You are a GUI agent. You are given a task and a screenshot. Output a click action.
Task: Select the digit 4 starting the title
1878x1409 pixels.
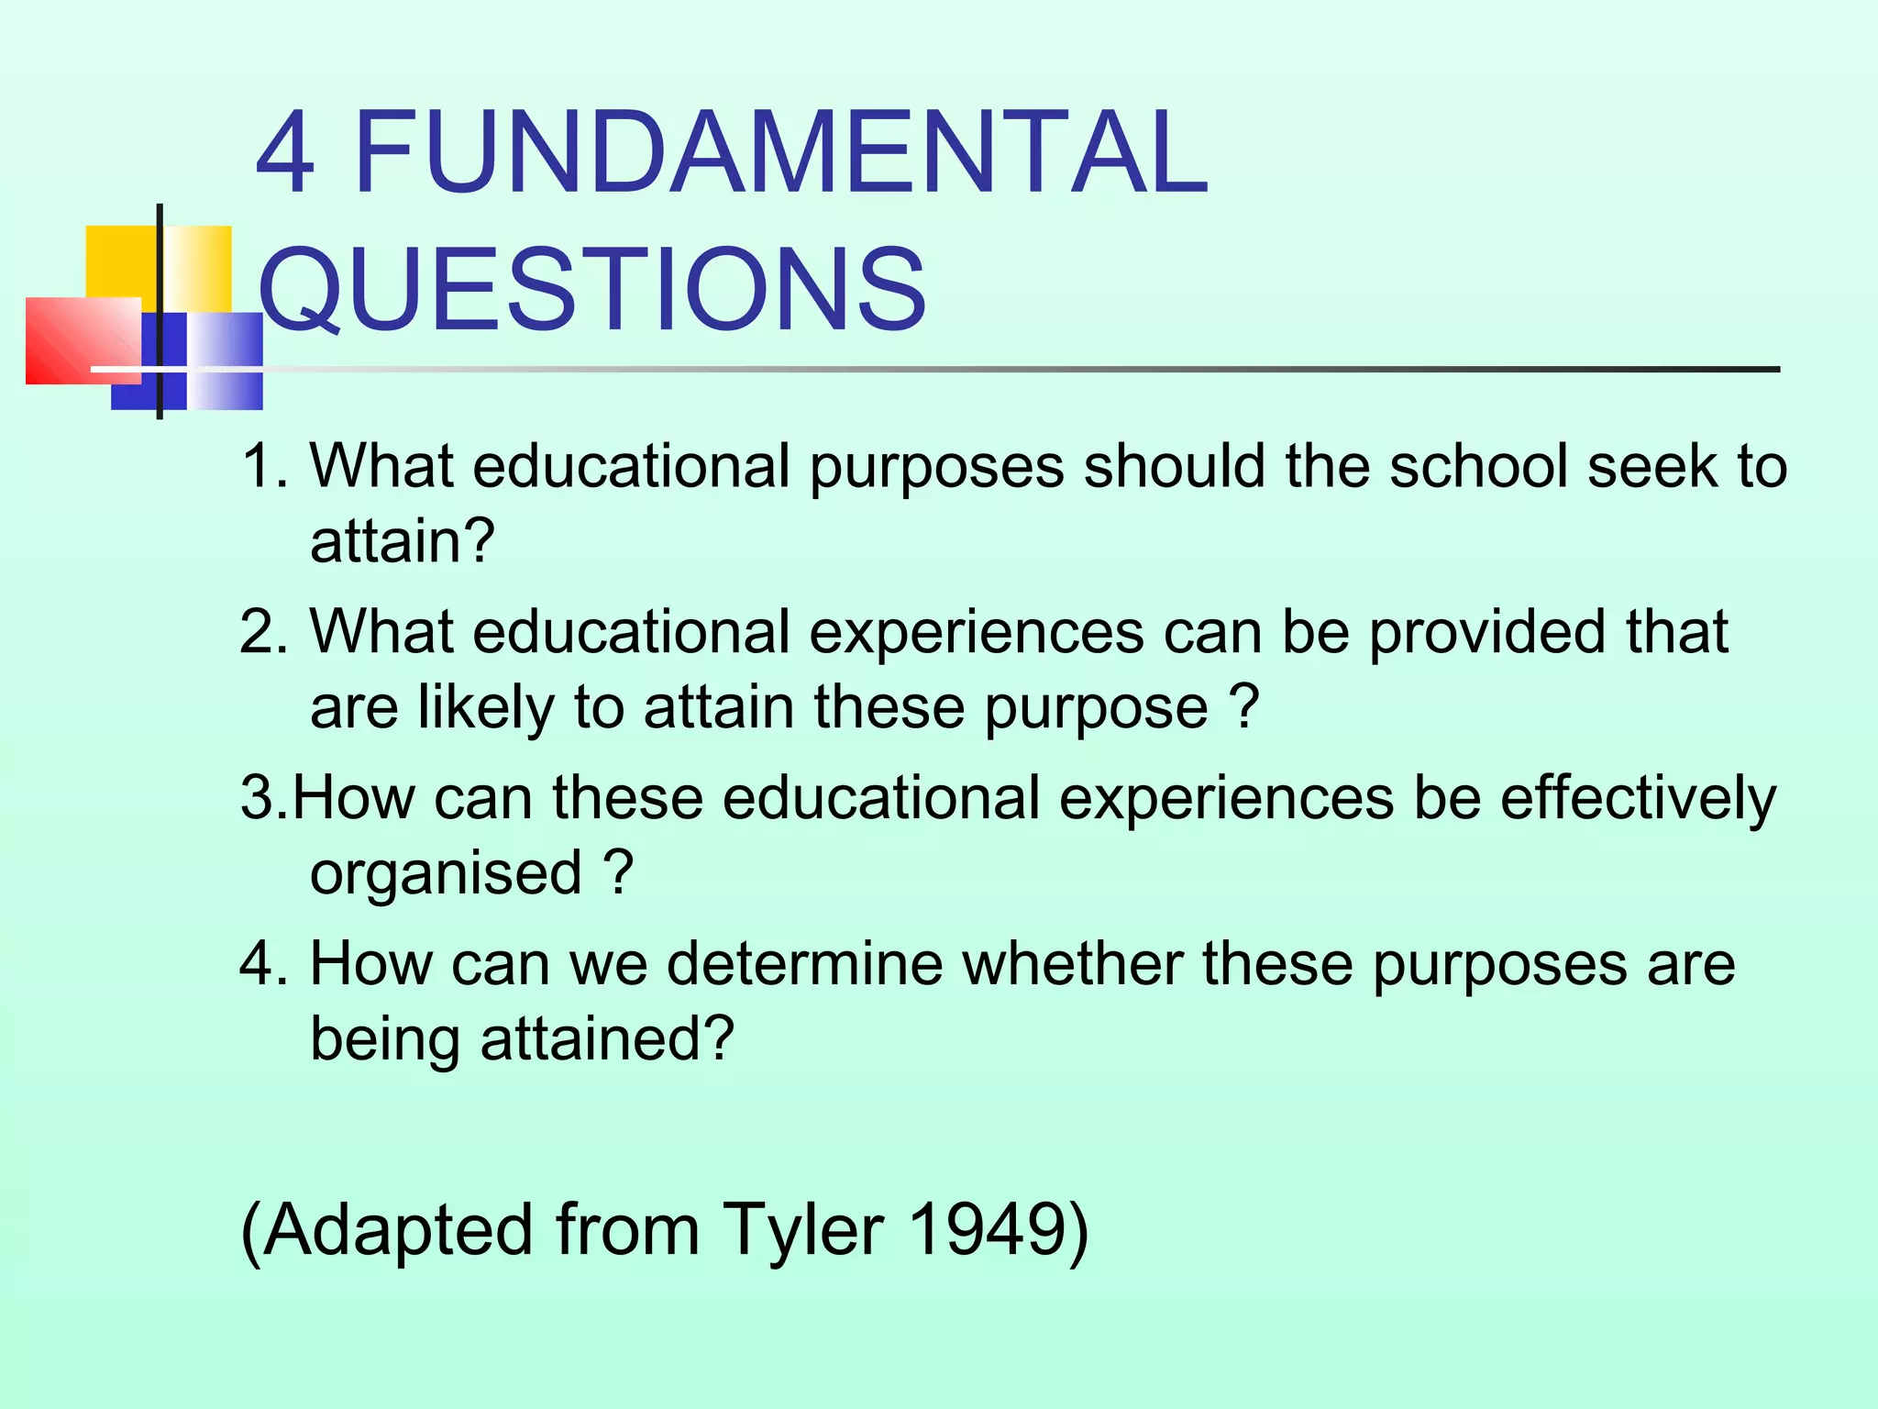click(x=286, y=153)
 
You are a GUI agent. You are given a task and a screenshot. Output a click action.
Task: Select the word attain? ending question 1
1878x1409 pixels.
click(x=403, y=541)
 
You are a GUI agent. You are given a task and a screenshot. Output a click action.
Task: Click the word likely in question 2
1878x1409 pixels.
click(x=487, y=707)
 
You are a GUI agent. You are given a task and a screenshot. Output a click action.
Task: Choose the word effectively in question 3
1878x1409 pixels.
click(x=1638, y=798)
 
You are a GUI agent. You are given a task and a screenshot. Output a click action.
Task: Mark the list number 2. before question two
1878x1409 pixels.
click(x=263, y=632)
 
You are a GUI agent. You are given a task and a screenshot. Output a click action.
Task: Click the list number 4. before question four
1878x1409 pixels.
click(x=263, y=964)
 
